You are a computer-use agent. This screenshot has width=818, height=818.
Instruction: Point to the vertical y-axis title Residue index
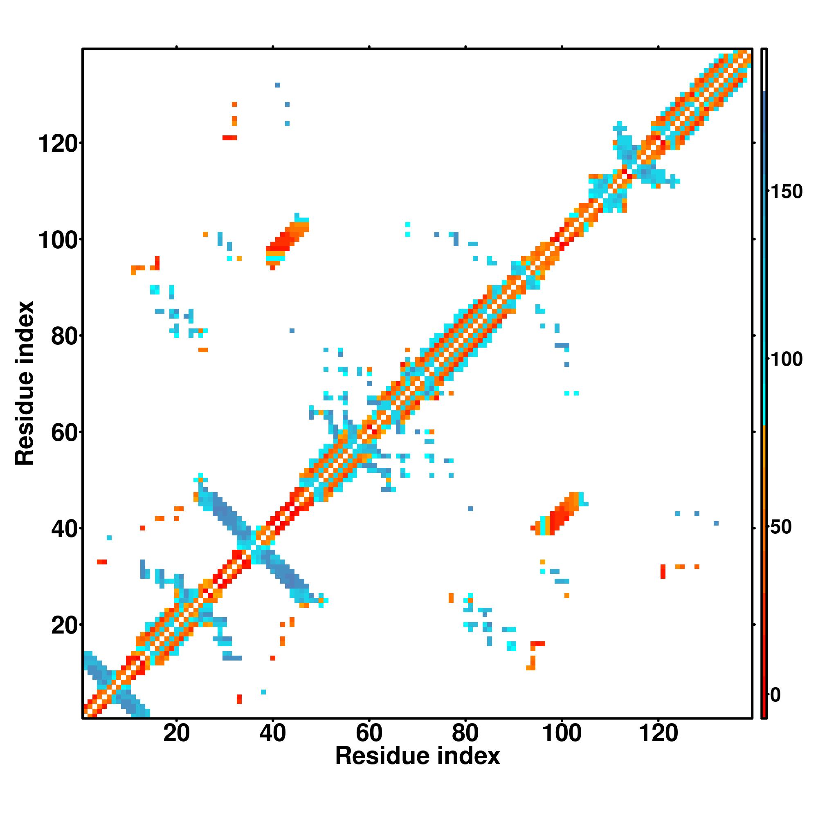25,383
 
